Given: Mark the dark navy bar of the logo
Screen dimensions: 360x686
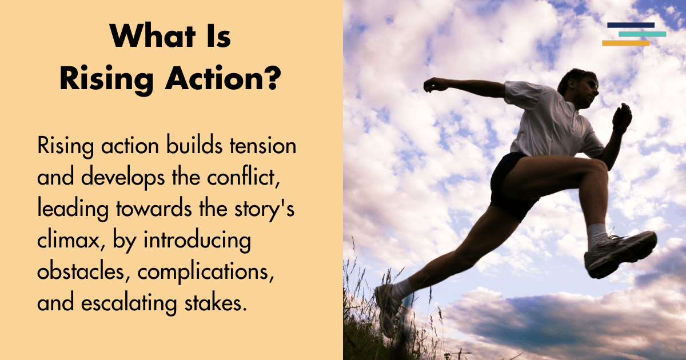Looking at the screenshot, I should [631, 25].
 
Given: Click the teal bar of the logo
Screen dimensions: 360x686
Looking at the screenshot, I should [642, 34].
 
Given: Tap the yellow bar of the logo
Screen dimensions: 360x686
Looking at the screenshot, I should [625, 43].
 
